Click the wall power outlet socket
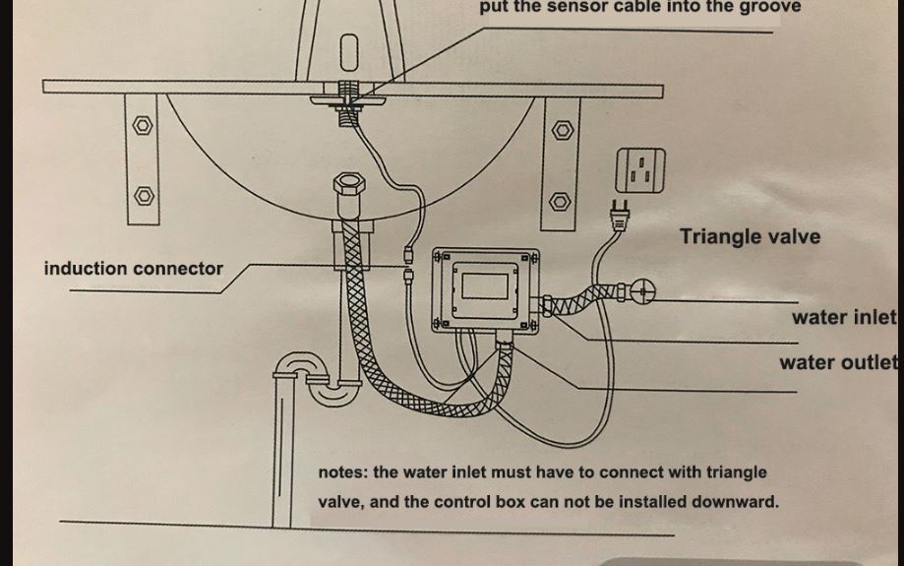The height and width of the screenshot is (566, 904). point(640,170)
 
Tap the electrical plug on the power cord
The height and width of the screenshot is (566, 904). point(620,216)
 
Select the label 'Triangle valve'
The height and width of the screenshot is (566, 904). point(750,236)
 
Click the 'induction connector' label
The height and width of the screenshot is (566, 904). point(133,269)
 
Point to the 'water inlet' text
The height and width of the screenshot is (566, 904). point(844,317)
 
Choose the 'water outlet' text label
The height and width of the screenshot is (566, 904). point(838,363)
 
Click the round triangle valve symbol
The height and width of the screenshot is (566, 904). point(642,292)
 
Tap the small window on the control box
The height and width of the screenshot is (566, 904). point(485,286)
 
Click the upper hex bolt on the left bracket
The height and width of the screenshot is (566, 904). point(143,125)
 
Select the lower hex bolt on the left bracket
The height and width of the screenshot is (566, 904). point(145,196)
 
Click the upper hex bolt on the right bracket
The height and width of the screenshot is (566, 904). point(563,130)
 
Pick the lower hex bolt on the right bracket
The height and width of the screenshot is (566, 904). point(560,202)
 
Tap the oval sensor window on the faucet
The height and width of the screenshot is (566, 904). point(349,52)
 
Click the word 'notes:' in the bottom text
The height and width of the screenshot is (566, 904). point(342,472)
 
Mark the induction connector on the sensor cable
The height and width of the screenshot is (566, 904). point(408,263)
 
